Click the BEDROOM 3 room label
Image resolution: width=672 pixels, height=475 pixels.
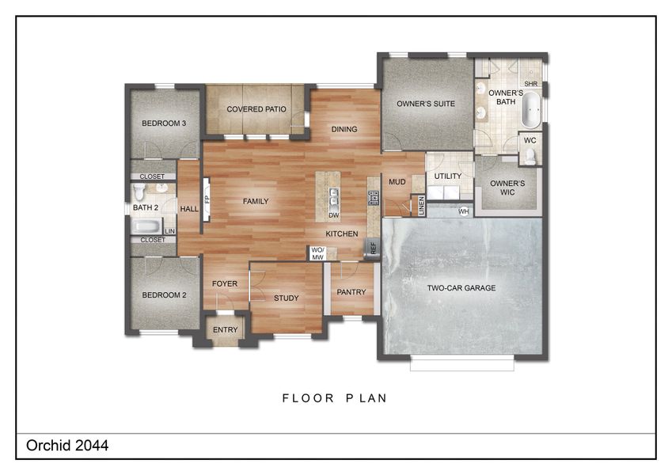pyautogui.click(x=164, y=123)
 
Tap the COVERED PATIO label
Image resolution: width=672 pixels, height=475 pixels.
pyautogui.click(x=256, y=109)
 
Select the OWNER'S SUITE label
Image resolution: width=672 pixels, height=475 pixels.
pyautogui.click(x=426, y=103)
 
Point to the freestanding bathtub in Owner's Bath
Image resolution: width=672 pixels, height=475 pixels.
pyautogui.click(x=530, y=110)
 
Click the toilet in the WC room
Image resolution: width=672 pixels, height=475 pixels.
pyautogui.click(x=530, y=155)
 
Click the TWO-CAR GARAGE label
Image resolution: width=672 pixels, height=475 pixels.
pyautogui.click(x=461, y=288)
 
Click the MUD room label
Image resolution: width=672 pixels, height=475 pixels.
pyautogui.click(x=397, y=182)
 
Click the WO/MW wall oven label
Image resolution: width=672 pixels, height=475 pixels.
pyautogui.click(x=317, y=253)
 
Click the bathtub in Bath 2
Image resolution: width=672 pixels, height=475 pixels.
pyautogui.click(x=146, y=226)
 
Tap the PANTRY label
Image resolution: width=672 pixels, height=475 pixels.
pyautogui.click(x=351, y=292)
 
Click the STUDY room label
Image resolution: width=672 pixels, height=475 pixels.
pyautogui.click(x=286, y=298)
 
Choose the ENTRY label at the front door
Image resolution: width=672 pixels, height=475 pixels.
pyautogui.click(x=226, y=330)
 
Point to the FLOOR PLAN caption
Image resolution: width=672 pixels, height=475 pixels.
pyautogui.click(x=335, y=398)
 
